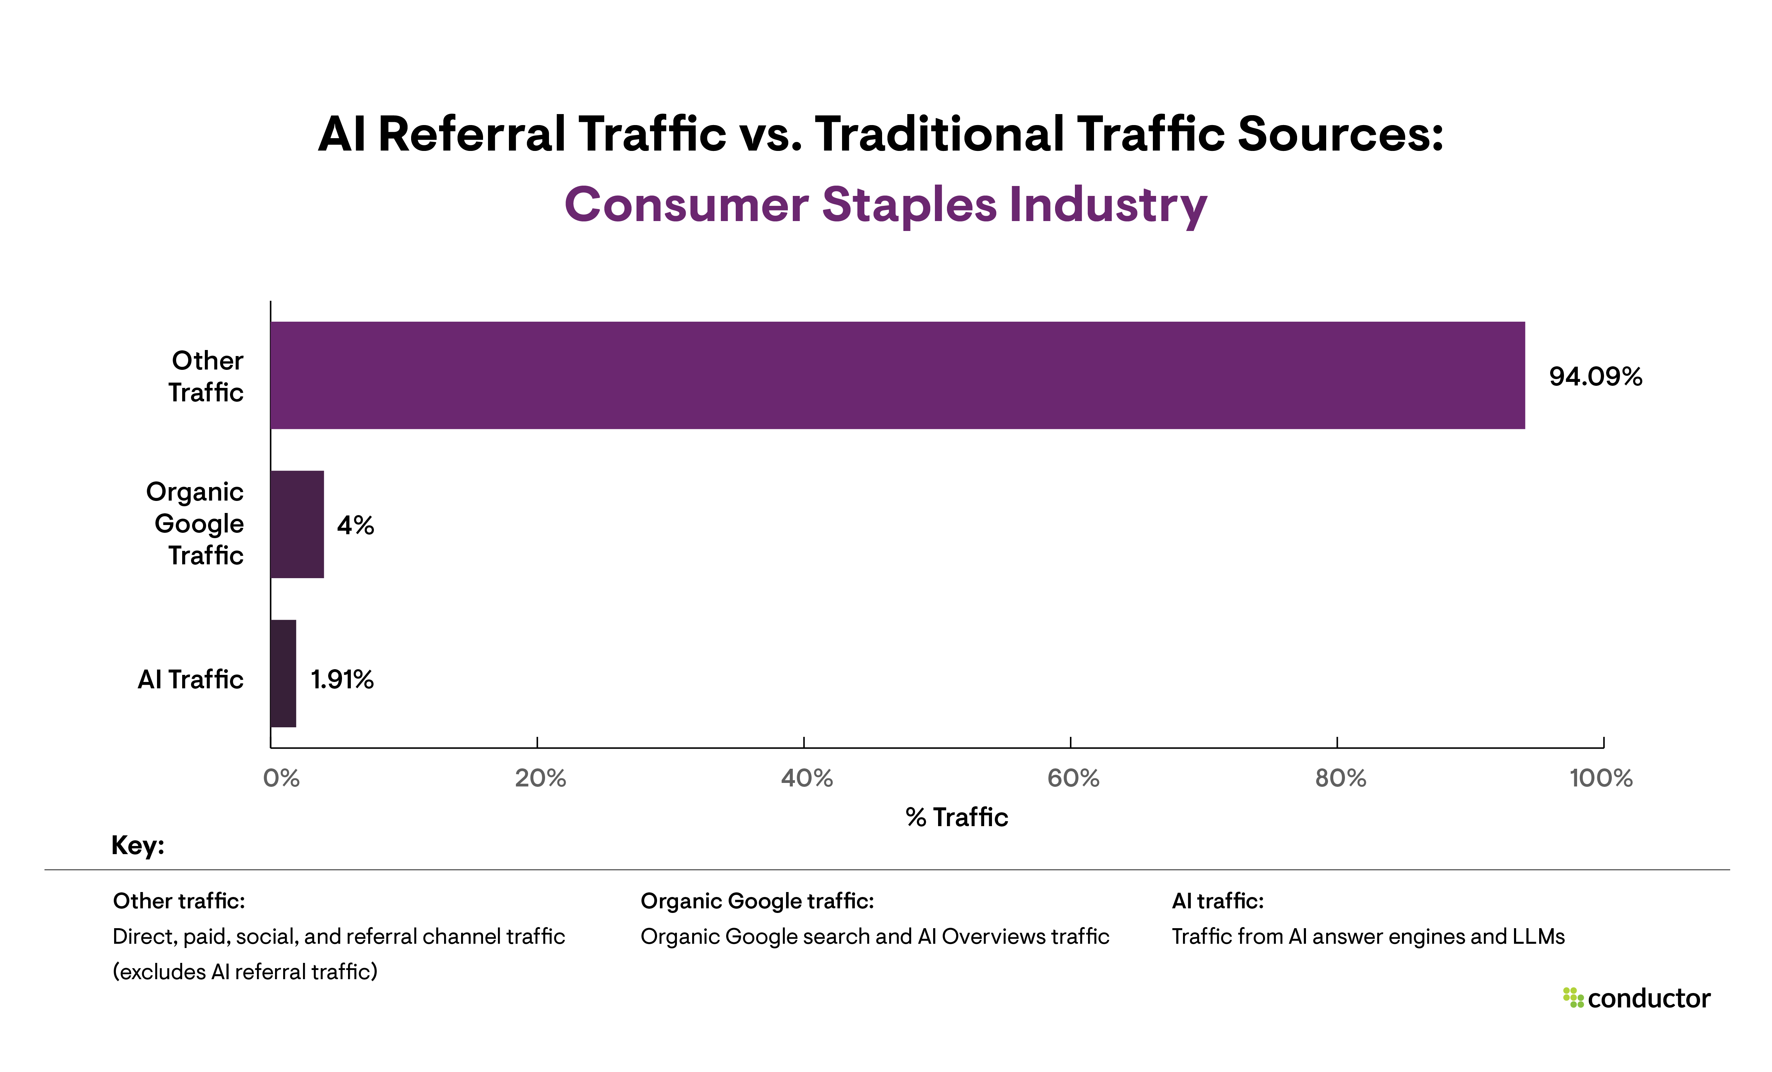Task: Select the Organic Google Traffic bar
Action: (297, 524)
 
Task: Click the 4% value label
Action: (355, 526)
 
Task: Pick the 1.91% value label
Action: (342, 679)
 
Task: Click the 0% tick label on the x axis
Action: (281, 778)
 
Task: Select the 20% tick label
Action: (540, 778)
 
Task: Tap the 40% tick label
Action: (807, 778)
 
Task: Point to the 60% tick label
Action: (1073, 778)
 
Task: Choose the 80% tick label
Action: (1340, 778)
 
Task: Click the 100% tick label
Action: (1601, 778)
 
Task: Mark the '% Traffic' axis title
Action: (957, 818)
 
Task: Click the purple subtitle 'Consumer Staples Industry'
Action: (885, 205)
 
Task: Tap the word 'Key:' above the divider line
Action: (138, 846)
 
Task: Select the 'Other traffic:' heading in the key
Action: (179, 901)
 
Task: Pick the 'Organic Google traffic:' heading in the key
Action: (757, 901)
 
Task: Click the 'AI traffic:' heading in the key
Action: (1217, 901)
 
